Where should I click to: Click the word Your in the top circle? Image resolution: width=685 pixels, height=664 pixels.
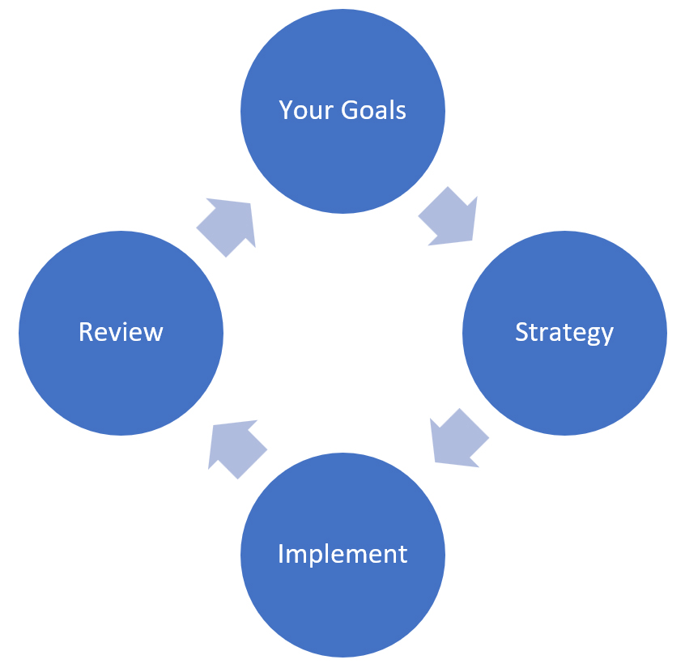[x=306, y=110]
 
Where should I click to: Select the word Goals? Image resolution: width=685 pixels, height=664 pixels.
[x=373, y=110]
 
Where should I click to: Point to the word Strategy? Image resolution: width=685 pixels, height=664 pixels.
[x=564, y=333]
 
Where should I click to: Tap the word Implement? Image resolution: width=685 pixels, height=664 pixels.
[x=342, y=555]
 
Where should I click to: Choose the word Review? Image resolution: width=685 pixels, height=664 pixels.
[x=121, y=332]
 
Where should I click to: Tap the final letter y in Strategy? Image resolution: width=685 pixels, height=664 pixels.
[x=606, y=335]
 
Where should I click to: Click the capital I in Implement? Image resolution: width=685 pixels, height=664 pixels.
[x=281, y=554]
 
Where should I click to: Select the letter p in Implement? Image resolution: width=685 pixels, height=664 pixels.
[x=317, y=557]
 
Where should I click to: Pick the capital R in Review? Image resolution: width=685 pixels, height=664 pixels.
[x=86, y=332]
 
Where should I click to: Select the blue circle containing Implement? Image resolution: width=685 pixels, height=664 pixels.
[x=342, y=555]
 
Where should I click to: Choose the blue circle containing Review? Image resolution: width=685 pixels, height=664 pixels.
[x=121, y=333]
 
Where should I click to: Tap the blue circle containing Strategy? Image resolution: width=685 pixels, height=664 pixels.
[x=564, y=333]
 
